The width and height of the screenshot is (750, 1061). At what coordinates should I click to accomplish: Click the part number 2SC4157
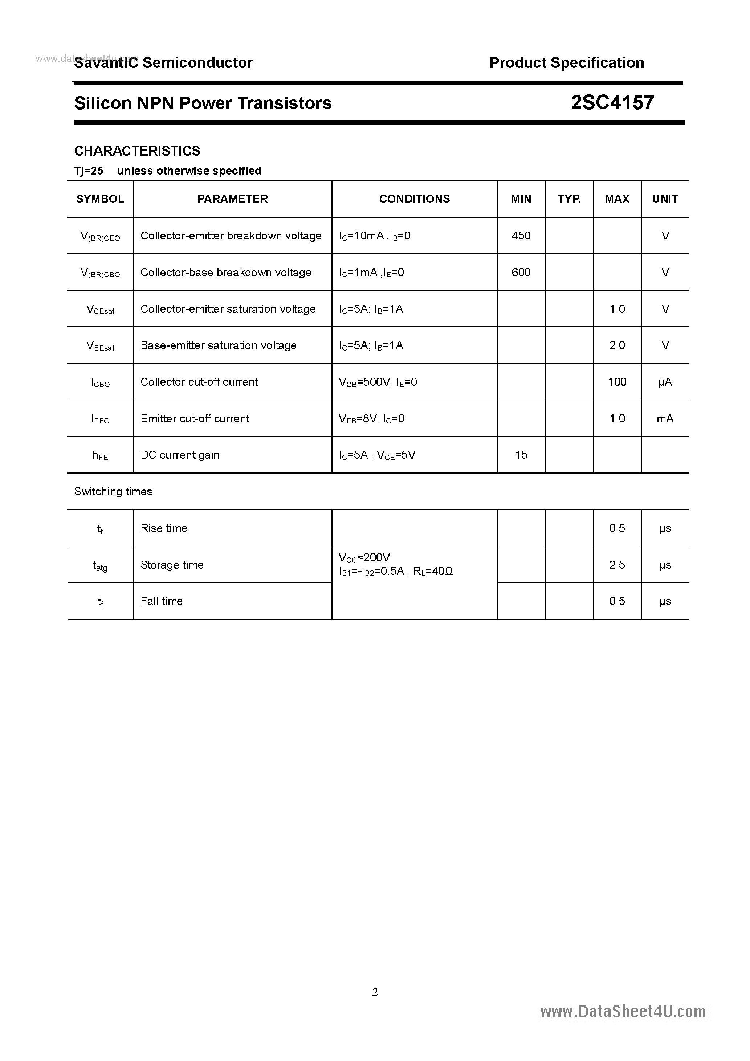point(612,103)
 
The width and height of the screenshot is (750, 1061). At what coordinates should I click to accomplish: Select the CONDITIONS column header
point(414,199)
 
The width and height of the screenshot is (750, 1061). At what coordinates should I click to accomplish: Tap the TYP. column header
point(569,199)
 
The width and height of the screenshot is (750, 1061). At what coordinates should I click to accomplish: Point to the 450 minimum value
point(521,235)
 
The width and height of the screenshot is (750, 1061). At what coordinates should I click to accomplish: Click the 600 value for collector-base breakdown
point(521,272)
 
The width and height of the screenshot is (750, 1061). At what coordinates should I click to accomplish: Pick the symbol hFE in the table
point(100,455)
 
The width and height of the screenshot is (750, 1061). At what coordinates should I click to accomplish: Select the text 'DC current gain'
point(180,455)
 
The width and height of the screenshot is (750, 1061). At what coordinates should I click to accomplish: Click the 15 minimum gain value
point(521,455)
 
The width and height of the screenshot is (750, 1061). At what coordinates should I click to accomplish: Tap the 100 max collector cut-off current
point(617,382)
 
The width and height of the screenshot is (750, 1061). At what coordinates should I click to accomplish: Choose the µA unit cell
point(665,382)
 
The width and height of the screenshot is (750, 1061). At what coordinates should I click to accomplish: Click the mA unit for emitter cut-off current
point(665,419)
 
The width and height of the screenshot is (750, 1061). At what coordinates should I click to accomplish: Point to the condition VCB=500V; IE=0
point(378,382)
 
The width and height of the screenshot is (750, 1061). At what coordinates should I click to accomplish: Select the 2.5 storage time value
point(617,565)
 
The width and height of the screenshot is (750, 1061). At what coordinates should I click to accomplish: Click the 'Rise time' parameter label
point(164,528)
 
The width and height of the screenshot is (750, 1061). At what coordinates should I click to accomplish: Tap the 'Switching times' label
point(113,492)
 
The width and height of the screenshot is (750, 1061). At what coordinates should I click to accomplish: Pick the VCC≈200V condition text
point(364,557)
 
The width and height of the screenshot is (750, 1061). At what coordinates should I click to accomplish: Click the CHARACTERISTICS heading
point(137,151)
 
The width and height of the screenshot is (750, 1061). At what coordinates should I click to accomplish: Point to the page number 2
point(375,992)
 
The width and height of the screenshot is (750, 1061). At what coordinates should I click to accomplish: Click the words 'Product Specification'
point(566,63)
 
